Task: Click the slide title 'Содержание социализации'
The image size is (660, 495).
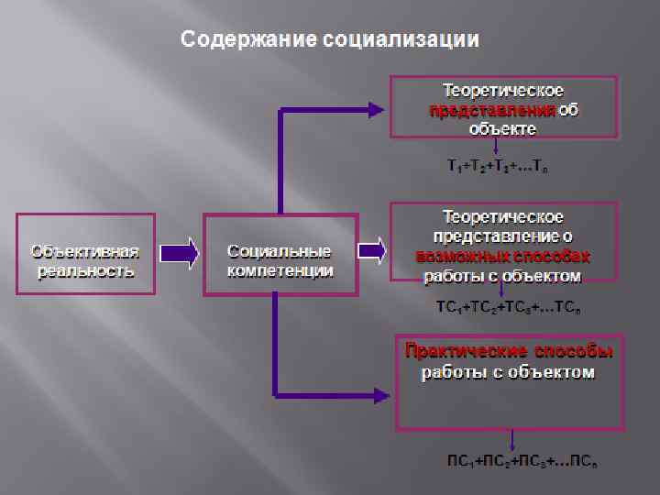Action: click(x=329, y=39)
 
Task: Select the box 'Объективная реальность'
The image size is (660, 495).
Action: click(x=85, y=254)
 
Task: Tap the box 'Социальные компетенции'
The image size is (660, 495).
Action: click(x=280, y=256)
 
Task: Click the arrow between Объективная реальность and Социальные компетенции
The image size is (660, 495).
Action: click(x=180, y=254)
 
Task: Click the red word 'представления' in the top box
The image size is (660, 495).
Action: click(x=492, y=111)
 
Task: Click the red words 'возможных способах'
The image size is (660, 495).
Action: click(x=502, y=256)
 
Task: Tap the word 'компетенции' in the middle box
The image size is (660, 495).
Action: click(x=280, y=271)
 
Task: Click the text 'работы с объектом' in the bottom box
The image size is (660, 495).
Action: click(x=508, y=373)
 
